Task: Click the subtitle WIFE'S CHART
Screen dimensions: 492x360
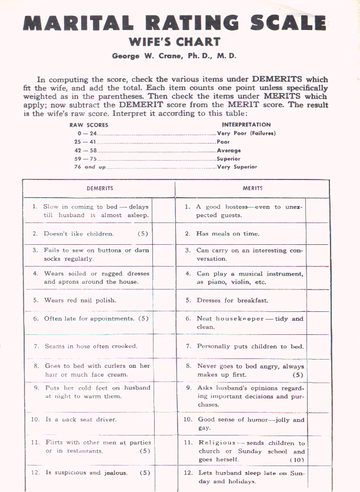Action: [174, 42]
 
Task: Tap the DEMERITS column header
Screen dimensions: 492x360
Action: [100, 188]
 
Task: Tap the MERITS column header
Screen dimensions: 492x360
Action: [252, 188]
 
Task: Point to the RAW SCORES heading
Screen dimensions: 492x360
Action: [88, 125]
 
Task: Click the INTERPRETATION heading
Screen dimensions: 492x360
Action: [246, 125]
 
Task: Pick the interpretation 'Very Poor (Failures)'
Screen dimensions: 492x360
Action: [246, 134]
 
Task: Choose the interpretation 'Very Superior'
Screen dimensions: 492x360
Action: [237, 167]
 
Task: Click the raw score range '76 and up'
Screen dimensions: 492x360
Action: [85, 167]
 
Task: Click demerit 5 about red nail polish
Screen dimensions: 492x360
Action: [80, 300]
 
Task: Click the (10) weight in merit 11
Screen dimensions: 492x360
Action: [297, 460]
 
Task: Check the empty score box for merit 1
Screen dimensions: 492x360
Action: [317, 211]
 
